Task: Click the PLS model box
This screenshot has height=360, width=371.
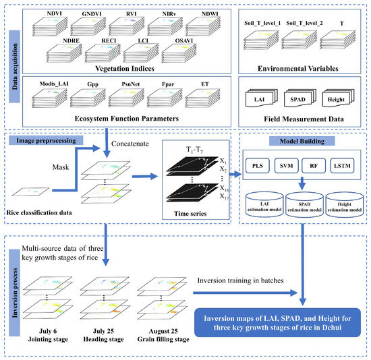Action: click(258, 166)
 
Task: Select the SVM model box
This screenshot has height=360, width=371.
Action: click(286, 166)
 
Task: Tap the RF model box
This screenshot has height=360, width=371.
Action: click(314, 166)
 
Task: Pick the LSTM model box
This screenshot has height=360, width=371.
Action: click(342, 166)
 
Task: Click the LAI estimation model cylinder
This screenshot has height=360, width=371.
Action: click(264, 204)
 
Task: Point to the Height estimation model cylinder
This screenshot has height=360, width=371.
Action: click(345, 204)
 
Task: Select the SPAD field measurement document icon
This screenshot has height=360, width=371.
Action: click(300, 98)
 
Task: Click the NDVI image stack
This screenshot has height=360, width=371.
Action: click(50, 26)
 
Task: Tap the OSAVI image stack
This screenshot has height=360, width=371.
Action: click(179, 53)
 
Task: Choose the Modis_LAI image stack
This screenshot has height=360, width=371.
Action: click(50, 98)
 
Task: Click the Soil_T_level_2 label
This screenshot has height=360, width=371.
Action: click(304, 23)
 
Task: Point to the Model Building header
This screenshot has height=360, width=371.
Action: click(302, 141)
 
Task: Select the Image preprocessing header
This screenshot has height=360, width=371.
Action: click(46, 140)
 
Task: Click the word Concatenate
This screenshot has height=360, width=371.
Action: click(130, 144)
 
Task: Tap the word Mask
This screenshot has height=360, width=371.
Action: click(61, 167)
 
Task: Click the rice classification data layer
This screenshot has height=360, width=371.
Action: click(31, 192)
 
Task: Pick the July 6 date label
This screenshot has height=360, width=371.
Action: click(48, 331)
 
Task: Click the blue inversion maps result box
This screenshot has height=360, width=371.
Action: click(277, 322)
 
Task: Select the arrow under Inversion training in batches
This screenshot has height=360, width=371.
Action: click(246, 293)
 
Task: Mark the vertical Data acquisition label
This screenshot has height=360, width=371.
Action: click(14, 67)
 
